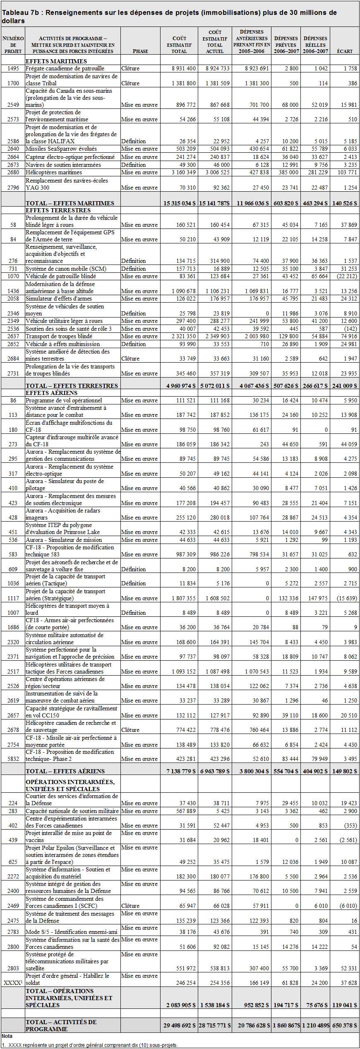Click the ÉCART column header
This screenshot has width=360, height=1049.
pos(345,51)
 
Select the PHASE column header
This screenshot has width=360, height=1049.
pos(140,51)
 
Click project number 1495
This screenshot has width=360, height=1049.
pos(13,68)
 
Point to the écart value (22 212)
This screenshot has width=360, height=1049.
pos(345,276)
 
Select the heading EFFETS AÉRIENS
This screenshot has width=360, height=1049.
pos(51,393)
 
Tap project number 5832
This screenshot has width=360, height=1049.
pos(13,759)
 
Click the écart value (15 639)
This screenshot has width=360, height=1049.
pos(345,598)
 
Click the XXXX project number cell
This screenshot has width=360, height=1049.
pos(13,983)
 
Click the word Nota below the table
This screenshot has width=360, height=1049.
pos(7,1036)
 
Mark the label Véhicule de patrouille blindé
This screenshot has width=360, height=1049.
pos(61,276)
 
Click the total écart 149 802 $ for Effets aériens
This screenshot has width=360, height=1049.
pos(344,771)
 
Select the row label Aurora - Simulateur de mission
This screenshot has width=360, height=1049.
pos(64,540)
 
